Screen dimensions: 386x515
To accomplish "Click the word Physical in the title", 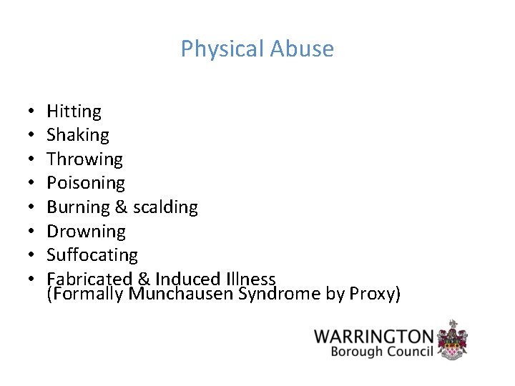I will coord(222,49).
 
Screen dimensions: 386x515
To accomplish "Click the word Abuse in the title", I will coord(303,49).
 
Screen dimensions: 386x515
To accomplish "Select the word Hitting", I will coord(74,112).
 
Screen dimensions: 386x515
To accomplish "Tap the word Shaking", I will coord(78,135).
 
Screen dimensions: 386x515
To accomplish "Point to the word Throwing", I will coord(84,159).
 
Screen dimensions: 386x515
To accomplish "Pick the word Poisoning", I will coord(85,183).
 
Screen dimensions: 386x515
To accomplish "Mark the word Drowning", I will coord(86,232).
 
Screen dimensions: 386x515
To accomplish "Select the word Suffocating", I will coord(92,255).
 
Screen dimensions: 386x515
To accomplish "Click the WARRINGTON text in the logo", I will coord(373,337).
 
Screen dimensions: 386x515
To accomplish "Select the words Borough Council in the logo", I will coord(382,352).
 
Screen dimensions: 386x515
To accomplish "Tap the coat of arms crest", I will coord(453,340).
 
